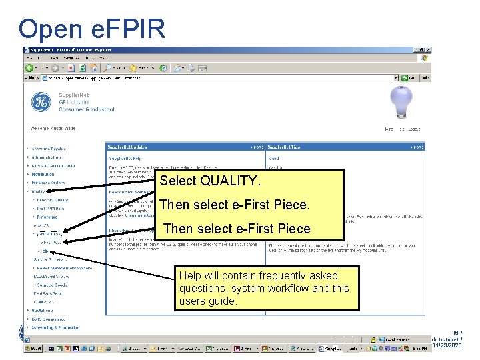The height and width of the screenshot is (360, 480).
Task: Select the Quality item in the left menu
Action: pos(38,191)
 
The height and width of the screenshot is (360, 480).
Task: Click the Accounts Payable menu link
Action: pos(49,149)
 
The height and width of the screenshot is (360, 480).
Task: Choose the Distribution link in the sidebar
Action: pos(43,174)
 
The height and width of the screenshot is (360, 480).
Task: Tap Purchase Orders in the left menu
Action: pos(48,182)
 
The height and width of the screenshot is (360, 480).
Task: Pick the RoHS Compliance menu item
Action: pos(50,319)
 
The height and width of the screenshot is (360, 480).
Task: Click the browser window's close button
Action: pos(429,50)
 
